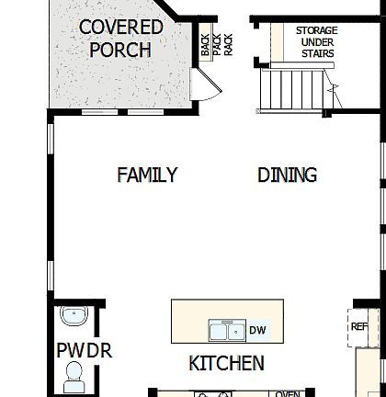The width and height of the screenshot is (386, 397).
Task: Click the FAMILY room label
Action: point(147,175)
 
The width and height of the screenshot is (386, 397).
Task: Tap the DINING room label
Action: point(287,175)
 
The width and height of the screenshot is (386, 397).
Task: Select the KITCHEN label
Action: point(226,364)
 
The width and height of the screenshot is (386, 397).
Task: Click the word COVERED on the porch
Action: point(120,27)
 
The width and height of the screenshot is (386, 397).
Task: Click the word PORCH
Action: point(120,49)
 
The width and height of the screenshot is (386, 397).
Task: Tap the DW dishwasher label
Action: point(258,331)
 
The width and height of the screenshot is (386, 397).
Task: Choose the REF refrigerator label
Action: point(359,325)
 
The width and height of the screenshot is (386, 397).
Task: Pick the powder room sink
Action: point(73,318)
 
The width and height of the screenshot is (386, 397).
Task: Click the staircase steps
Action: point(292,90)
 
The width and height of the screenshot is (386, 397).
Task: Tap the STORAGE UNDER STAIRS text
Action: point(315,42)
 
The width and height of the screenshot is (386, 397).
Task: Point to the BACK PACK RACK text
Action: point(216,45)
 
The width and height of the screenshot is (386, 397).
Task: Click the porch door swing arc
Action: point(208,85)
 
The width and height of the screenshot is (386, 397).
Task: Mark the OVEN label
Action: point(289,394)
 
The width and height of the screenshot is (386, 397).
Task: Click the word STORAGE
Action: point(316,30)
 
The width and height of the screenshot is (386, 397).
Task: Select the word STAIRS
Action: point(316,54)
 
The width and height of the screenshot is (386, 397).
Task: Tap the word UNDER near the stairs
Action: point(316,42)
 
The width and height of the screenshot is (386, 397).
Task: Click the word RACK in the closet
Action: point(228,45)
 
